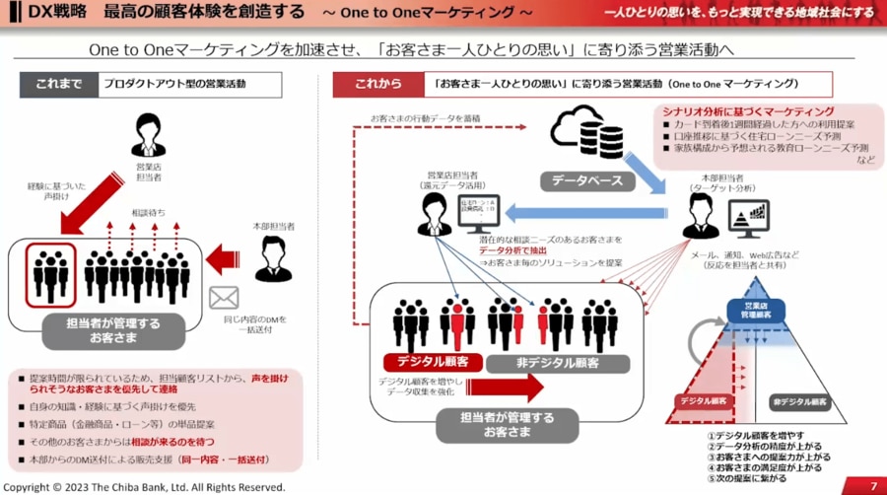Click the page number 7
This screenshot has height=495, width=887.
(872, 486)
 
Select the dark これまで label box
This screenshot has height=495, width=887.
(57, 85)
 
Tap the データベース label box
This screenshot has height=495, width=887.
(579, 180)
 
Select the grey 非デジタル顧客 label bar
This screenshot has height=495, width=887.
(556, 363)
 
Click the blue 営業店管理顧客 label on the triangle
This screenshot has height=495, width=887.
(756, 310)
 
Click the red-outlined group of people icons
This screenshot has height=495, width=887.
(46, 271)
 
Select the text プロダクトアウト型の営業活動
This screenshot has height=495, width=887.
(177, 85)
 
